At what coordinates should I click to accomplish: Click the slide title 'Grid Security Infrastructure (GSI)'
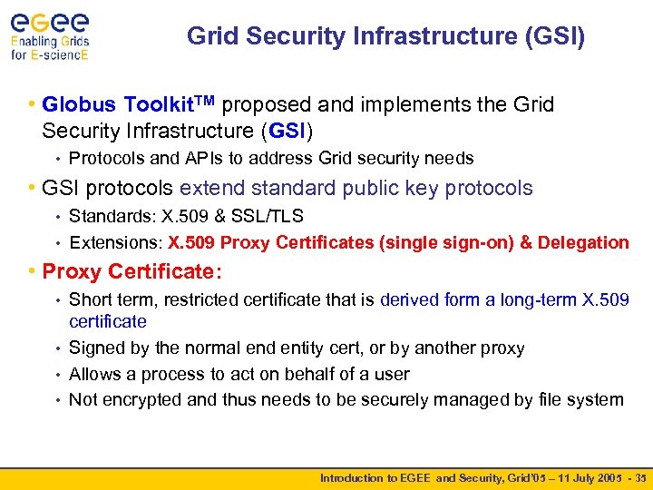click(x=386, y=36)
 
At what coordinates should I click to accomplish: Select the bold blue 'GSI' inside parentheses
click(x=287, y=130)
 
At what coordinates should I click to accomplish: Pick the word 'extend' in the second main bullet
click(x=212, y=189)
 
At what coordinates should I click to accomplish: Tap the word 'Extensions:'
click(x=115, y=242)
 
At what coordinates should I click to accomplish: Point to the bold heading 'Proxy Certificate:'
click(x=132, y=271)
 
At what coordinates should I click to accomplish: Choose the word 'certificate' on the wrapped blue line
click(x=107, y=321)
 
